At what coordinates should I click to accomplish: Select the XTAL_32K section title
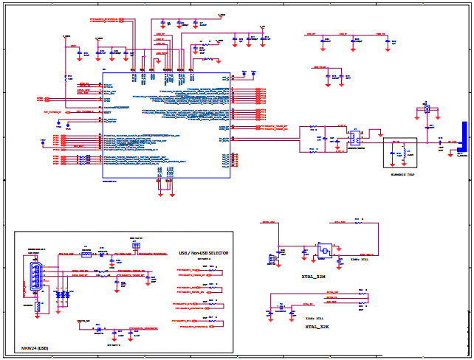318,325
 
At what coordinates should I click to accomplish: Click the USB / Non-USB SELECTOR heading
205,253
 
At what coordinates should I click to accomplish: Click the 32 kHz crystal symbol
281,306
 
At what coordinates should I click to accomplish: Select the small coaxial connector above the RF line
427,109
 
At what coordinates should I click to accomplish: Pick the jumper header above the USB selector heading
136,245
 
